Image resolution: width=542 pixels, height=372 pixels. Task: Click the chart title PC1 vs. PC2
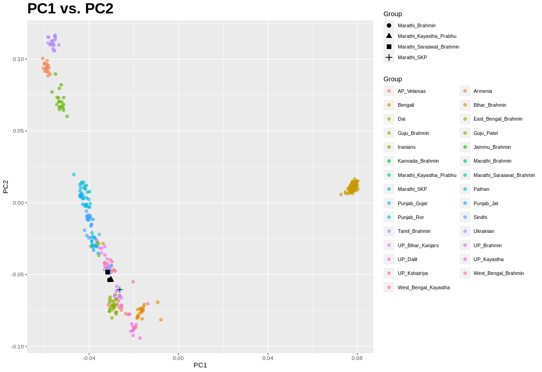click(x=70, y=9)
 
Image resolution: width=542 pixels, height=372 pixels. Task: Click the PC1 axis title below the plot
click(x=200, y=365)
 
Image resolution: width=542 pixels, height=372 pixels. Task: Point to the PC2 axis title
click(x=6, y=187)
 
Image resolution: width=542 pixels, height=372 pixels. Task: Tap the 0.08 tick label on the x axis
click(x=357, y=358)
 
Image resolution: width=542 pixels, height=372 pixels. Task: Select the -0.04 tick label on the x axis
click(x=89, y=358)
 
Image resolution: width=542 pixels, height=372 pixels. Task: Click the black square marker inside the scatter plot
click(x=108, y=272)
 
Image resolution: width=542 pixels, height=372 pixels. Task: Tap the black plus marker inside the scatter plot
click(x=120, y=289)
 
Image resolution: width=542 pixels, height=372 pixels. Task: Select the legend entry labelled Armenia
click(x=482, y=91)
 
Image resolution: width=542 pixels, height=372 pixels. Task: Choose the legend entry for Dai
click(x=401, y=119)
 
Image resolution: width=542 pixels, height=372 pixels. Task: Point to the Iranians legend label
click(x=406, y=147)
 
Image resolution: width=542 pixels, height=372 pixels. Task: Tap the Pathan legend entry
click(x=481, y=189)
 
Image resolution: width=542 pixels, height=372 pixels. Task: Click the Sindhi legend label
click(x=480, y=217)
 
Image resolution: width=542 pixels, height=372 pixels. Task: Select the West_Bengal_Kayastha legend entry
click(x=423, y=287)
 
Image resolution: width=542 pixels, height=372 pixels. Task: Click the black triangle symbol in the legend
click(x=389, y=36)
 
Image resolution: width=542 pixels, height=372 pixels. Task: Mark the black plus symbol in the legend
click(x=389, y=57)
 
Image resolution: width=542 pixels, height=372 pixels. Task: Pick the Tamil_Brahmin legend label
click(x=414, y=231)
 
